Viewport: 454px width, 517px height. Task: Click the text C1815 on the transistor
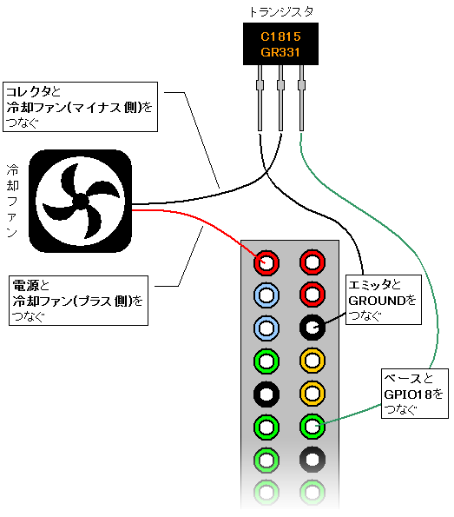(x=280, y=36)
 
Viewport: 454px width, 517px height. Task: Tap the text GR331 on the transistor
(x=280, y=52)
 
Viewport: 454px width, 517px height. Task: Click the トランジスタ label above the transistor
(x=281, y=12)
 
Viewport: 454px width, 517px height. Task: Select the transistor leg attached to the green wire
(x=301, y=98)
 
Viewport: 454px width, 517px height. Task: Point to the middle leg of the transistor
(x=280, y=98)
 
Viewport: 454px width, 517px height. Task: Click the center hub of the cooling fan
(x=80, y=201)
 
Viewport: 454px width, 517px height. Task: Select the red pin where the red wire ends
(x=266, y=262)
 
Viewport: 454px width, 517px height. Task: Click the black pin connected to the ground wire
(x=313, y=328)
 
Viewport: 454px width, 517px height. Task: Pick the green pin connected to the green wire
(x=313, y=427)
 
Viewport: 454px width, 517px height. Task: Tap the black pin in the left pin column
(x=266, y=394)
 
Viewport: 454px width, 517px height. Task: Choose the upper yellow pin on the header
(x=313, y=361)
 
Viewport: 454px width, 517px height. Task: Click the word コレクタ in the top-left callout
(x=29, y=91)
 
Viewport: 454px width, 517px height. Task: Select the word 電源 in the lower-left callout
(x=26, y=285)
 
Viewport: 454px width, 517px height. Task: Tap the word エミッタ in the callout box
(x=370, y=284)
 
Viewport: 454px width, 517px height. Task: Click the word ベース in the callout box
(x=404, y=378)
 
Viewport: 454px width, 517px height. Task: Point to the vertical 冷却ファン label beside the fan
(x=12, y=201)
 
